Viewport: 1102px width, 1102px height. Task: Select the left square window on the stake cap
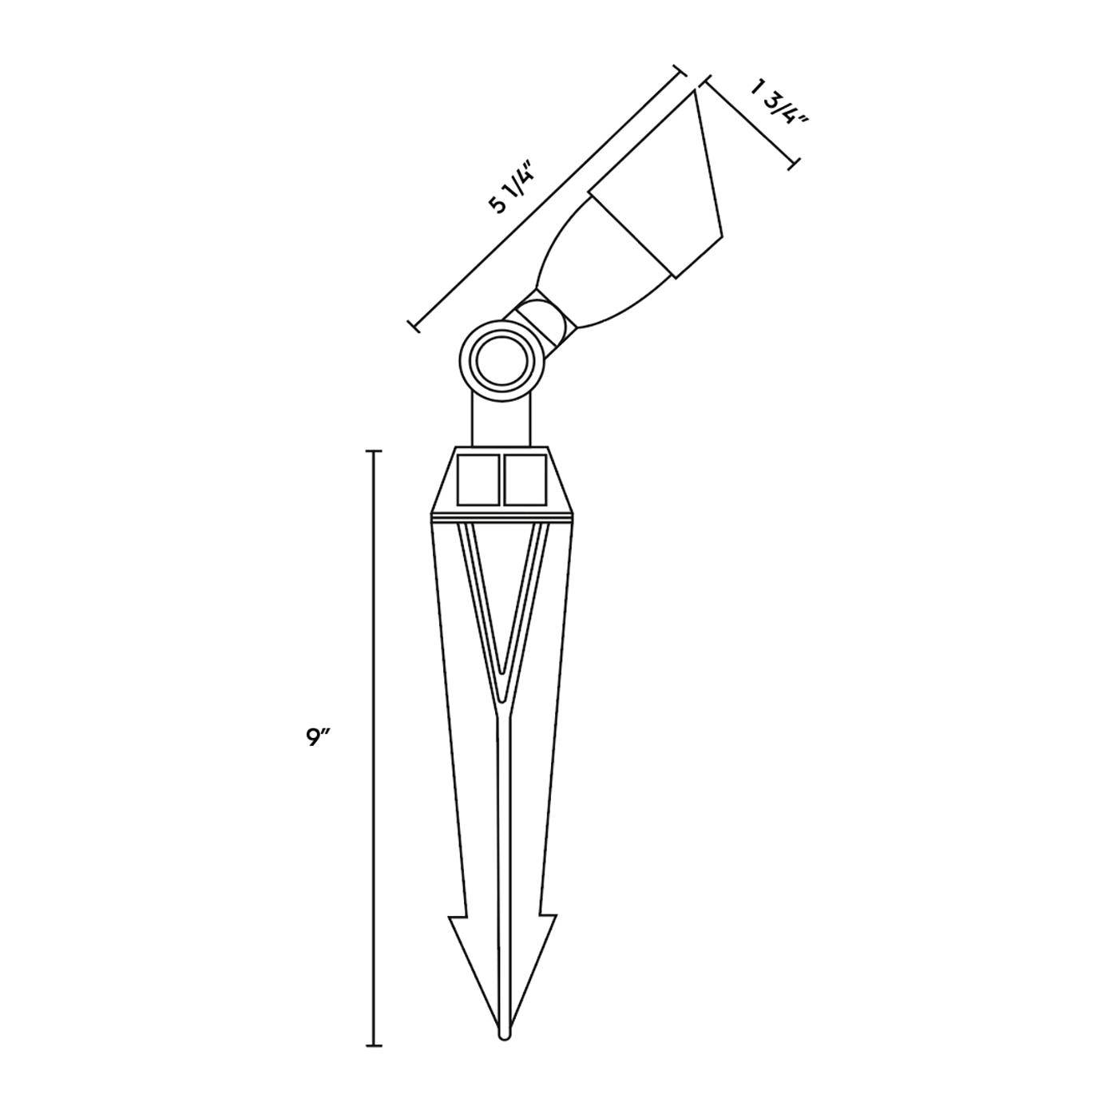point(478,481)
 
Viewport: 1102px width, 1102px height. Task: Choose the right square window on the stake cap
point(525,481)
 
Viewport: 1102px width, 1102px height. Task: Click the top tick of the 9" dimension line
point(374,452)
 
